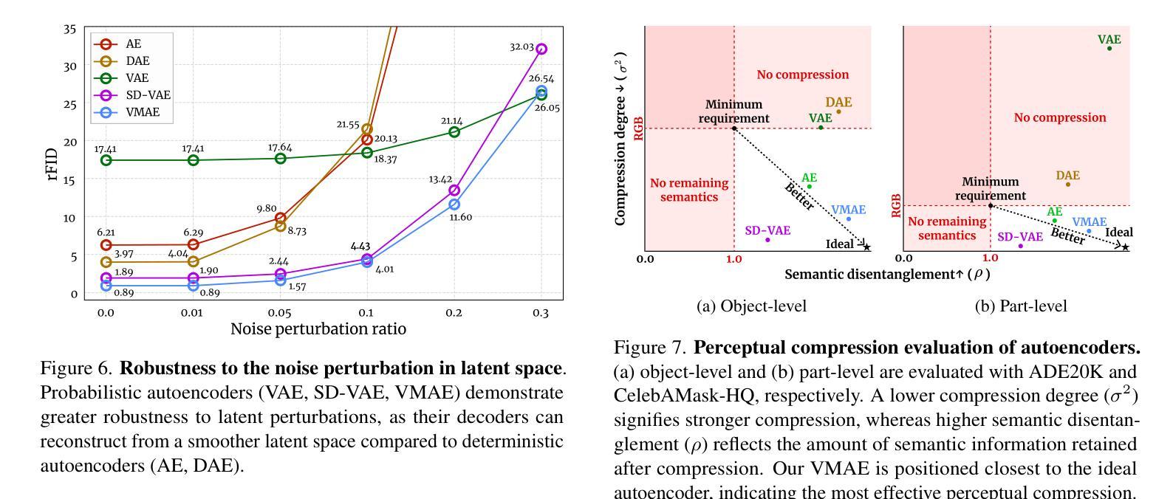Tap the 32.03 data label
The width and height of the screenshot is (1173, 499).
point(521,47)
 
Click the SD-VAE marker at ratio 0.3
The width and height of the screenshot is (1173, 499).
point(541,49)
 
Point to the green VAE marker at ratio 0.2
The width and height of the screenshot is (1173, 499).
point(454,132)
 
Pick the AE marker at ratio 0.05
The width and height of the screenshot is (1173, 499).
point(280,218)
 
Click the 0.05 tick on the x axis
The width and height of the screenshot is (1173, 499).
point(279,313)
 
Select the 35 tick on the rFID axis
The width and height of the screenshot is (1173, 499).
point(69,30)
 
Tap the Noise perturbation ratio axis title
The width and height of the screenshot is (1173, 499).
point(318,329)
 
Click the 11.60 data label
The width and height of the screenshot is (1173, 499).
point(460,217)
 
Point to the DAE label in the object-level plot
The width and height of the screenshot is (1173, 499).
point(838,103)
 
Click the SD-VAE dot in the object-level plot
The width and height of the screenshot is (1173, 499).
point(767,240)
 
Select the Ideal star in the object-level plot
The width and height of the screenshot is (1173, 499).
point(866,247)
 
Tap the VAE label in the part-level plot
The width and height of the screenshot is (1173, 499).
point(1109,39)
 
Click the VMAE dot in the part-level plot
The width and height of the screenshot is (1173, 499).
point(1089,231)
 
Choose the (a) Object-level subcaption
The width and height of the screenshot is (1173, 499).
point(751,306)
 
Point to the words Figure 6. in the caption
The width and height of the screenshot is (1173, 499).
point(77,368)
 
